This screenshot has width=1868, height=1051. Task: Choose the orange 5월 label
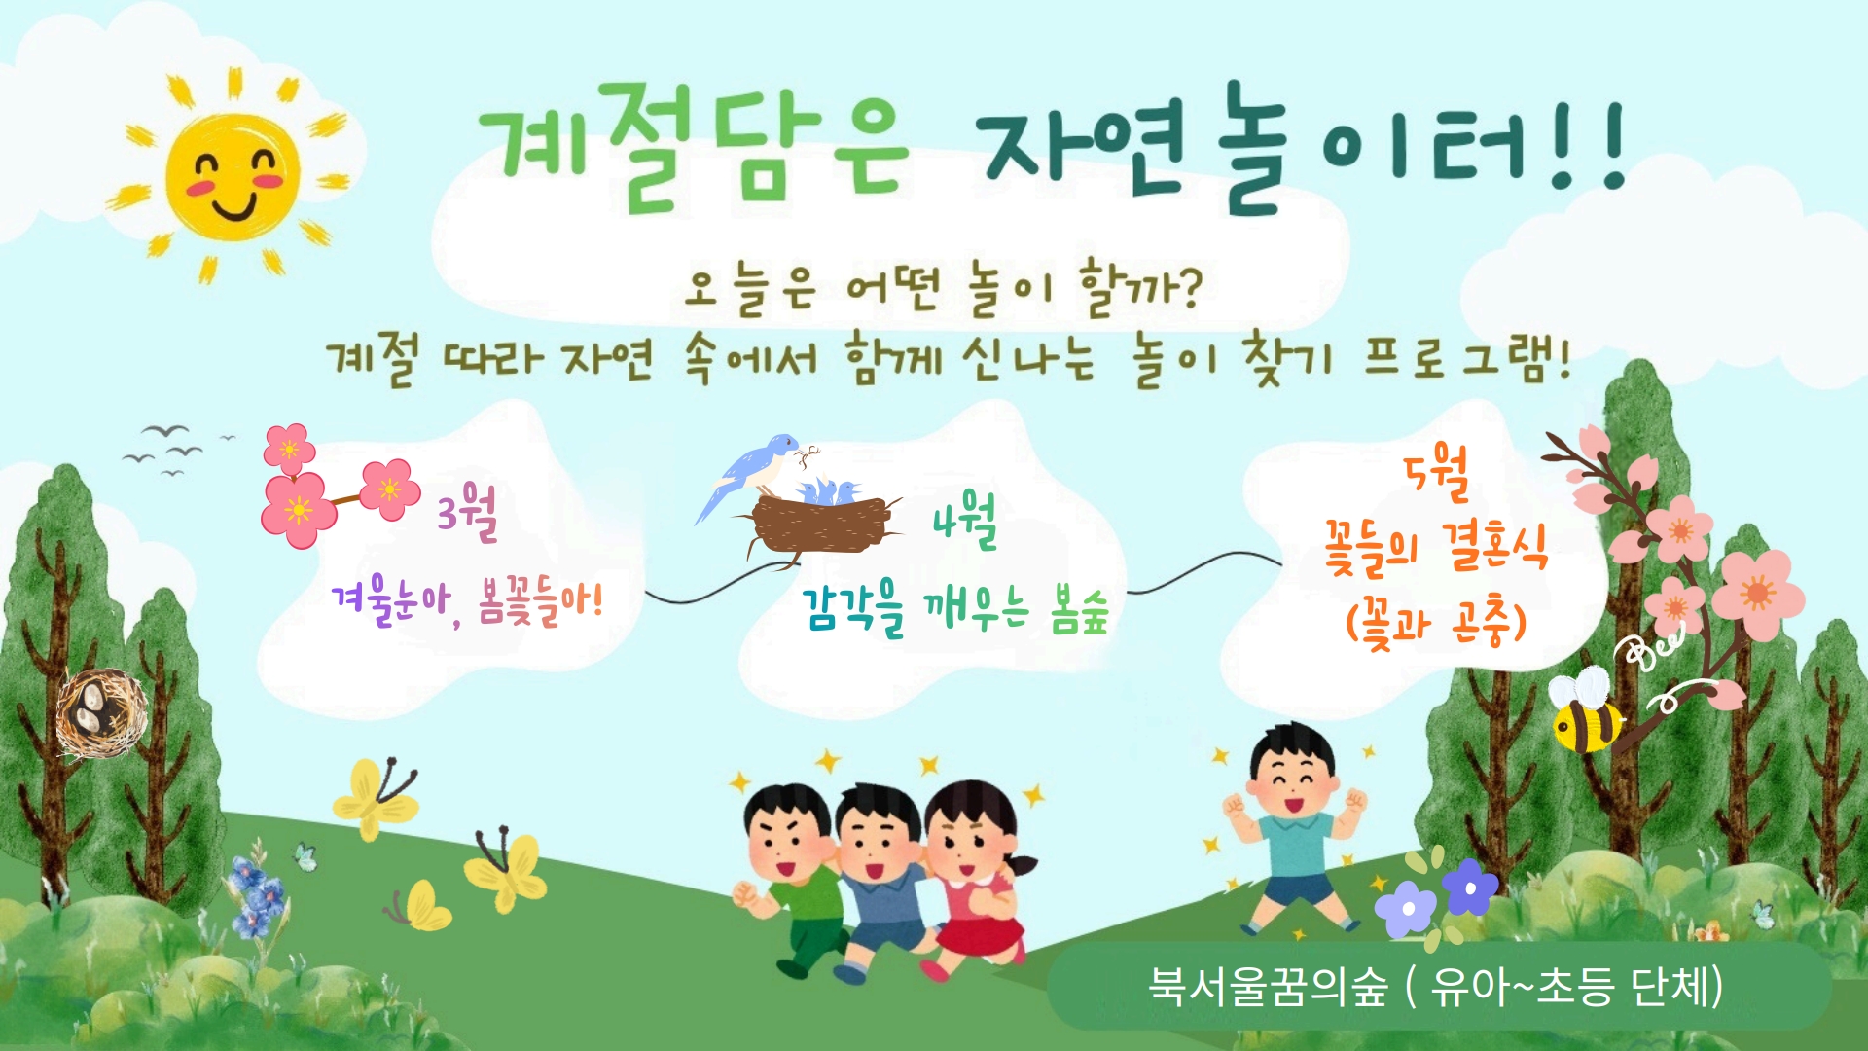[x=1436, y=474]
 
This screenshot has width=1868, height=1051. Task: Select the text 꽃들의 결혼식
[x=1436, y=547]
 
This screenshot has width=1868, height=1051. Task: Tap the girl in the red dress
[x=973, y=876]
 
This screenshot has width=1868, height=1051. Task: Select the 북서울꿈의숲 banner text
[x=1436, y=986]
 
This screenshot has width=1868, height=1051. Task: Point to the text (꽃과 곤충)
[x=1436, y=623]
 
